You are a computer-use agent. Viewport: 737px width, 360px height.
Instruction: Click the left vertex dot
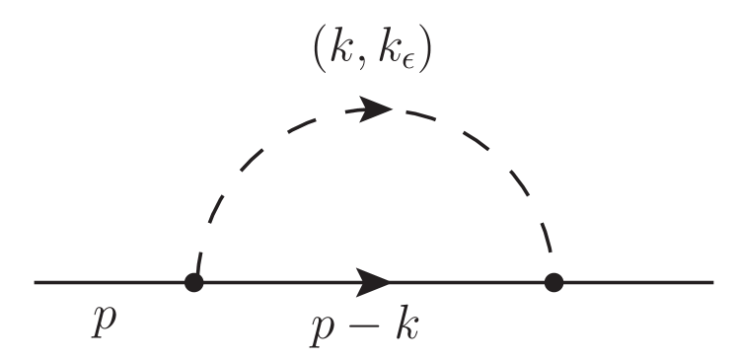[194, 283]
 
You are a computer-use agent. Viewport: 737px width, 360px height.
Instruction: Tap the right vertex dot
[553, 283]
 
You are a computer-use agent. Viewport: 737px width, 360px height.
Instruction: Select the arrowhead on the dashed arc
[376, 109]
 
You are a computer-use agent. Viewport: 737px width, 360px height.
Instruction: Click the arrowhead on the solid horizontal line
[374, 283]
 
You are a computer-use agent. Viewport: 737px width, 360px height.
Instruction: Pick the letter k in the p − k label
[406, 322]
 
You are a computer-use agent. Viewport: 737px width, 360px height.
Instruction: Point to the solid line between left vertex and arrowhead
[276, 283]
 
